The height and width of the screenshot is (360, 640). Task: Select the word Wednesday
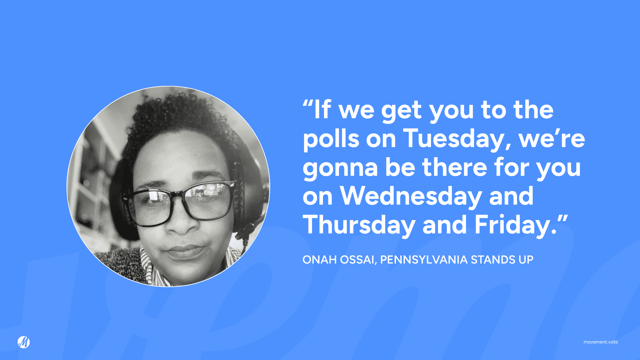pos(411,196)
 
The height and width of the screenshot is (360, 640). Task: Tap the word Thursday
pos(359,225)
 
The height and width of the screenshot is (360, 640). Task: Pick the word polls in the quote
pos(331,138)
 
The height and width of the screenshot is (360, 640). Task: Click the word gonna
pos(340,167)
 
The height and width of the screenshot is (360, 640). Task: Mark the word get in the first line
pos(401,110)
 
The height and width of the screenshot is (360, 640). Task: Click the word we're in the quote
pos(552,138)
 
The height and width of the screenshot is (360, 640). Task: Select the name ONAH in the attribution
pos(319,260)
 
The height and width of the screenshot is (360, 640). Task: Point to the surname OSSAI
pos(358,260)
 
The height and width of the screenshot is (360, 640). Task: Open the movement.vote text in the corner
pos(600,342)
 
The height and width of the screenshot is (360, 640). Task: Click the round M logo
pos(24,342)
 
